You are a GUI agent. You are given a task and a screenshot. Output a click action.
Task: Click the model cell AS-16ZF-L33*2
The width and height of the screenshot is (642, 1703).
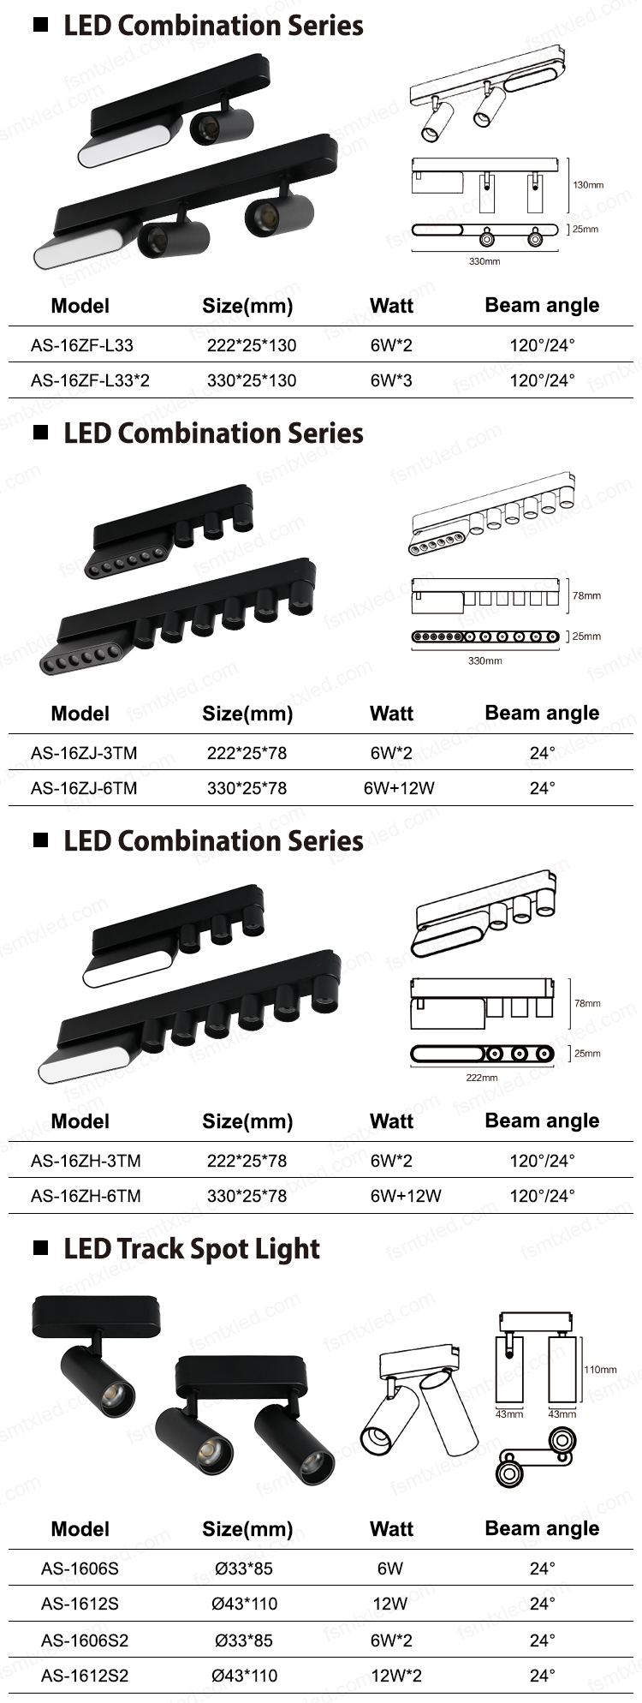click(90, 380)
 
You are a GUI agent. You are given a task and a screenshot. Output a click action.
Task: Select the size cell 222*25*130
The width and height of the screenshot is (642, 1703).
click(252, 345)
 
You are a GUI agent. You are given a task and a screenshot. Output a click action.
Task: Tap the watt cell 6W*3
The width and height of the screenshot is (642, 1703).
click(391, 380)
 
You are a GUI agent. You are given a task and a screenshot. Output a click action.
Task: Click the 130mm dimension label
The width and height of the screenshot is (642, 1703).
click(588, 185)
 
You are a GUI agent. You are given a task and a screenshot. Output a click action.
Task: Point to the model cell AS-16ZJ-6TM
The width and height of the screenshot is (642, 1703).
click(84, 788)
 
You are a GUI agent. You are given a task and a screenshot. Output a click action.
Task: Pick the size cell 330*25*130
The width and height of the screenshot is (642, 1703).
click(252, 380)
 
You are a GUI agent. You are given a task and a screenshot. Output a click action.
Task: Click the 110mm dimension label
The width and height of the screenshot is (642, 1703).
click(600, 1370)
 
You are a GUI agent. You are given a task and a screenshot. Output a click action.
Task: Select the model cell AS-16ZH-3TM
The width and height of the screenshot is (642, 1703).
click(86, 1161)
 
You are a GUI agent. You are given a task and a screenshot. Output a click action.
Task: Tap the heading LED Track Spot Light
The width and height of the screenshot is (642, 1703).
click(192, 1250)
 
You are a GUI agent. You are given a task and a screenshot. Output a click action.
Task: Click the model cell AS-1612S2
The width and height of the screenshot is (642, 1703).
click(85, 1676)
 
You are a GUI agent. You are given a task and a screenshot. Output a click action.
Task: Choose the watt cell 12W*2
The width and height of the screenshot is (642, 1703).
click(396, 1676)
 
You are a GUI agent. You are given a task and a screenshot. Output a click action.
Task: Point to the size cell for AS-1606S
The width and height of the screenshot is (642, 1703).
click(244, 1569)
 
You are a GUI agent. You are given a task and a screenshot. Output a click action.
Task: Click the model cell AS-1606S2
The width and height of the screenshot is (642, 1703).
click(85, 1640)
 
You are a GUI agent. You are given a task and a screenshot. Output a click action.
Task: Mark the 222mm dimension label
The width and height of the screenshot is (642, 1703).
click(482, 1078)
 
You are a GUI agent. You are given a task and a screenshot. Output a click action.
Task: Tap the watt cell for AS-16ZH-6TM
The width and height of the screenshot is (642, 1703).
click(406, 1196)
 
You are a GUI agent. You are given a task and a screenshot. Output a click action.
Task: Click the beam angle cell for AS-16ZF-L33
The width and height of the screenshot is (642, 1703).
click(543, 345)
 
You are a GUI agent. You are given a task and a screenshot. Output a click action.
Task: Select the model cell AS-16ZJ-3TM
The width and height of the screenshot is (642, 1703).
click(84, 753)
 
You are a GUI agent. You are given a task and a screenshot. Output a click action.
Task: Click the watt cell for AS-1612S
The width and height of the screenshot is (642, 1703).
click(390, 1604)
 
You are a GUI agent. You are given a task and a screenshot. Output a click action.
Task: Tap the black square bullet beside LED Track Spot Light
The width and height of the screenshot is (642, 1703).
click(40, 1248)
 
